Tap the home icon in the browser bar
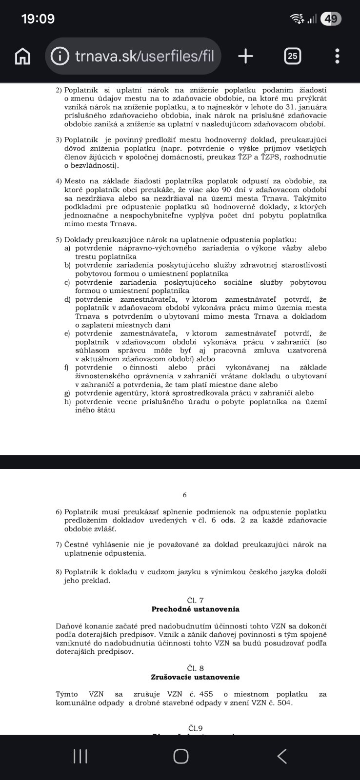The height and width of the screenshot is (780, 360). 22,57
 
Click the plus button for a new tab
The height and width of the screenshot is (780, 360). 245,57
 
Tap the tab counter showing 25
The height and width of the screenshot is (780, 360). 292,57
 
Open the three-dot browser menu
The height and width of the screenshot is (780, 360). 337,57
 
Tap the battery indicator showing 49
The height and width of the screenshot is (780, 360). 331,19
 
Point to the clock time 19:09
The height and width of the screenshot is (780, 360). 38,19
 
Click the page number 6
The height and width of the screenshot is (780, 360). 185,495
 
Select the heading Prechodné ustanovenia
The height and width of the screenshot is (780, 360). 195,609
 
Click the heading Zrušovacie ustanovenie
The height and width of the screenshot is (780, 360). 195,677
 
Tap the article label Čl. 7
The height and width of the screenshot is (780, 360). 195,600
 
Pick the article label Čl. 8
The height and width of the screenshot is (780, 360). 195,668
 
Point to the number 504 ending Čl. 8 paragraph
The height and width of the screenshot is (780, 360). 285,702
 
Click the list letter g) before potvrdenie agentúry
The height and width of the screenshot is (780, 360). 67,393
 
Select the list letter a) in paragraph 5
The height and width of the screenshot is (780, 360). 67,248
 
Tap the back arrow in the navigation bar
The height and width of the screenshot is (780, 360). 282,756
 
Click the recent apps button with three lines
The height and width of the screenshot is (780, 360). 80,756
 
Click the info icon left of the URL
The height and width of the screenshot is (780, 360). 60,57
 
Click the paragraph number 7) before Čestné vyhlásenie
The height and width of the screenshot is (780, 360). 59,545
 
